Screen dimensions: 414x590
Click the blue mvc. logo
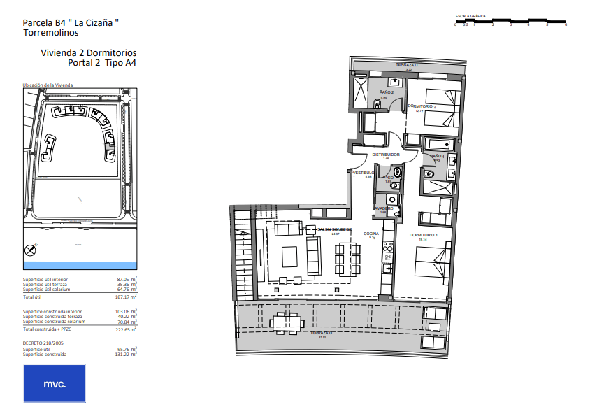[x=55, y=384]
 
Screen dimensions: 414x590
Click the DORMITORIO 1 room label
[x=423, y=234]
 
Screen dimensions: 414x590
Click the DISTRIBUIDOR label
[x=385, y=154]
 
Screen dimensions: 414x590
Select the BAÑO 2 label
[x=387, y=92]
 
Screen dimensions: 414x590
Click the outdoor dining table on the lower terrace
[x=287, y=323]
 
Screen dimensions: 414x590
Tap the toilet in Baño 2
[x=378, y=104]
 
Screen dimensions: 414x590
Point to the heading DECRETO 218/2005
[x=43, y=343]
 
